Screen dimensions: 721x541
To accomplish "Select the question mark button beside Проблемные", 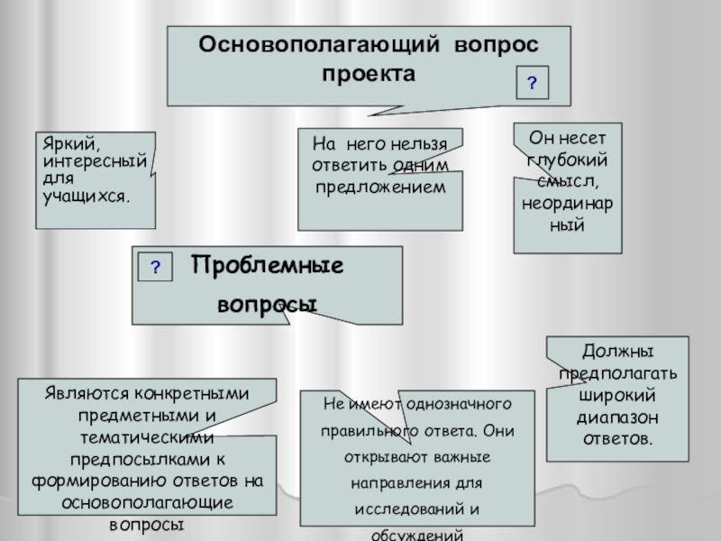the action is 155,267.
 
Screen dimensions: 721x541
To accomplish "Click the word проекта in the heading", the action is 369,73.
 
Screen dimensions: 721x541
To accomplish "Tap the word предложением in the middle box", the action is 379,186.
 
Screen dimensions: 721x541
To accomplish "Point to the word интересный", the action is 96,160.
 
